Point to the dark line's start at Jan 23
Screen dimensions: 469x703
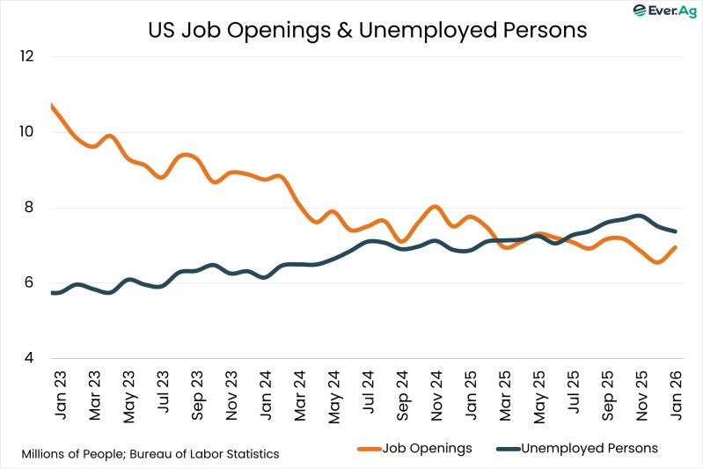pos(53,292)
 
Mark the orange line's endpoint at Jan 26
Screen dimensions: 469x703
pos(674,247)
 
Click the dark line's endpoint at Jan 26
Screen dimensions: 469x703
pos(674,231)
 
